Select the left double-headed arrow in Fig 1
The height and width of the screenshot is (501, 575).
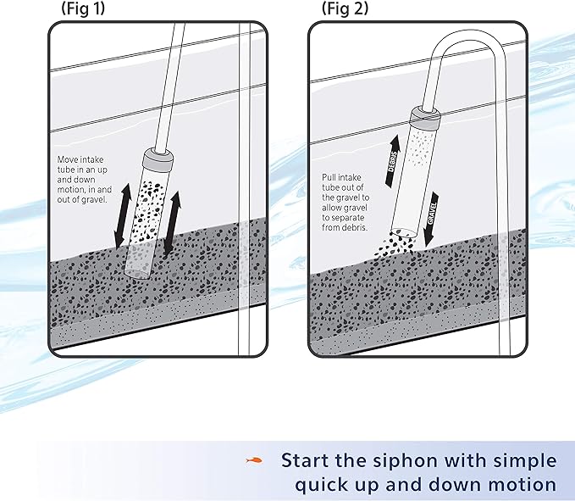[122, 213]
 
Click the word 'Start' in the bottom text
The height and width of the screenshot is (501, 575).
[310, 461]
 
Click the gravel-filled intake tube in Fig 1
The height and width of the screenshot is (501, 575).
[147, 216]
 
